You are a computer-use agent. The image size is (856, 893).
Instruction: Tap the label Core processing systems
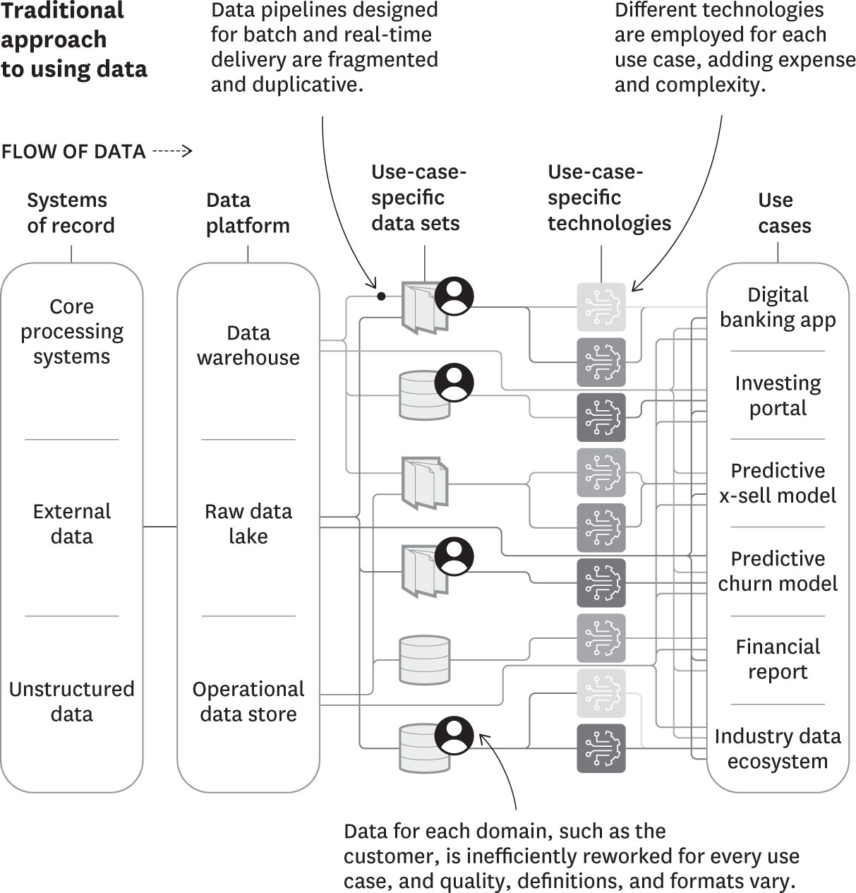(71, 332)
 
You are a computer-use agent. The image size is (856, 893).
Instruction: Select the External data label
(71, 524)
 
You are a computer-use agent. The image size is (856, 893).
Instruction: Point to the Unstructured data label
(71, 701)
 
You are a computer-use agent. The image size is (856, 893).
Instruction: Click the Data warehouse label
(248, 345)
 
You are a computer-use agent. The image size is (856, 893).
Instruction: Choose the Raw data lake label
(248, 524)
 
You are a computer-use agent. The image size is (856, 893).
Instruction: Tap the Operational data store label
(248, 701)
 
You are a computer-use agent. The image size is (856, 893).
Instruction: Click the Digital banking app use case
(777, 307)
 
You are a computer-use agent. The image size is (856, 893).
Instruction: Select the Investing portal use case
(777, 395)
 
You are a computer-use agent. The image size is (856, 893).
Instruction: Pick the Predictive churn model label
(777, 571)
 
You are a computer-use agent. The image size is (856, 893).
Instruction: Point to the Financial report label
(777, 659)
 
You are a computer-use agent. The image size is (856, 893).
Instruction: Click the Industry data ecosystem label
(777, 748)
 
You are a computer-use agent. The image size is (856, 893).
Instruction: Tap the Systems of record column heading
(71, 212)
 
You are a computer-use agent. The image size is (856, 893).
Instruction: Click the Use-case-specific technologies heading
(608, 198)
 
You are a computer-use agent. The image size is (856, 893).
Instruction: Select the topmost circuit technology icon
(601, 307)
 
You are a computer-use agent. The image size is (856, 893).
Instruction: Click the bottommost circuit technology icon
(601, 748)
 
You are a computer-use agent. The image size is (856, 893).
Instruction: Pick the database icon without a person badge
(424, 660)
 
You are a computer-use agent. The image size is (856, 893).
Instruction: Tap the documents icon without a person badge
(424, 483)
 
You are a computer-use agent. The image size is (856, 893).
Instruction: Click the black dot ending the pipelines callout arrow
(381, 296)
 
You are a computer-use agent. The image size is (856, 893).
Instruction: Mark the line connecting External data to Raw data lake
(160, 527)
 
